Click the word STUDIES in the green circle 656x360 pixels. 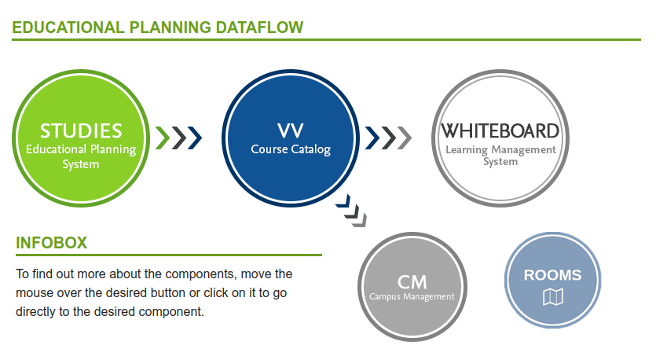point(81,131)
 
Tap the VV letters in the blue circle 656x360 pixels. point(291,131)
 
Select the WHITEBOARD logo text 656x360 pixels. point(500,131)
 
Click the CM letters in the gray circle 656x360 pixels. point(412,282)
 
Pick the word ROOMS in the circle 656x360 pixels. point(552,275)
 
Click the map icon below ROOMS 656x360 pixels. point(552,297)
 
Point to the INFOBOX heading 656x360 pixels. point(52,243)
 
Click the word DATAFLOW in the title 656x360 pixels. point(259,28)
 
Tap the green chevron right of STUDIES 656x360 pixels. point(163,138)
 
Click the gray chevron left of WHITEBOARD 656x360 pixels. point(405,138)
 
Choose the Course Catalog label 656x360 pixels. point(291,149)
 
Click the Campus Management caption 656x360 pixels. point(412,296)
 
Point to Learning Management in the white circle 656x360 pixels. point(500,149)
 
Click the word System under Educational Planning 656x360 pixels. point(81,164)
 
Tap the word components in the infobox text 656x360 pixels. point(196,274)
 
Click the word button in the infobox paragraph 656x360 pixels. point(168,292)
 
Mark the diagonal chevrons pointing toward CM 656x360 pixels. point(351,211)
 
